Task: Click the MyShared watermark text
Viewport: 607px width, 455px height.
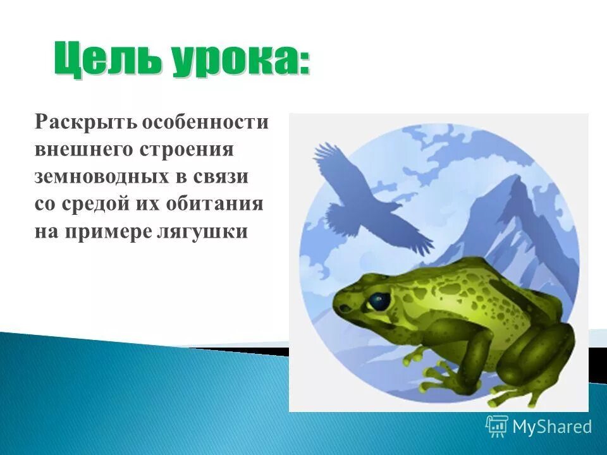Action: tap(551, 427)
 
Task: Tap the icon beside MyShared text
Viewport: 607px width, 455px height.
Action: tap(497, 426)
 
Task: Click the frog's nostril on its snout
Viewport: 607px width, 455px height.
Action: tap(345, 308)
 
